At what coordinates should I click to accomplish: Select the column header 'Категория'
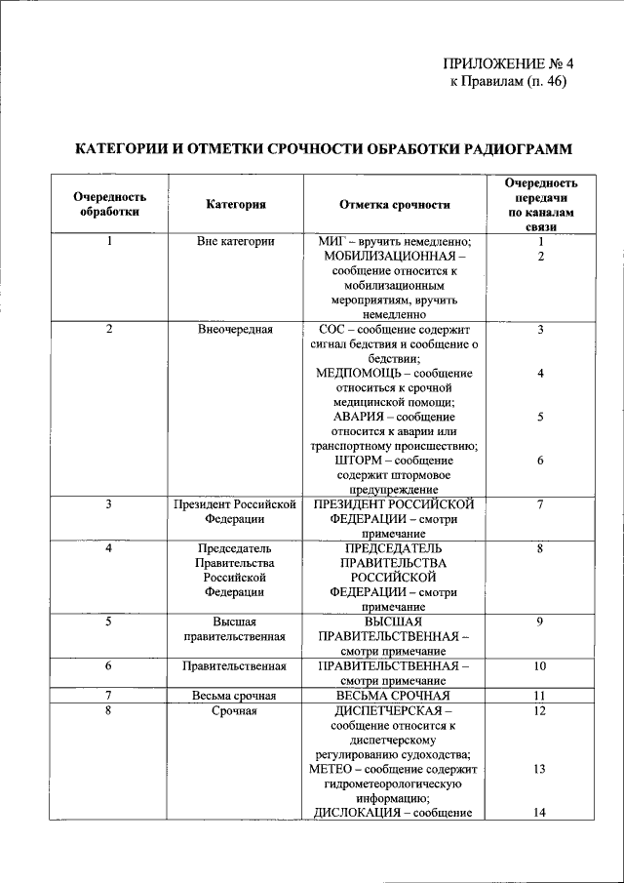point(236,204)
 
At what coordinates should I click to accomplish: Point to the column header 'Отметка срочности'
point(394,204)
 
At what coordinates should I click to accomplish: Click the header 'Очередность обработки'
point(110,204)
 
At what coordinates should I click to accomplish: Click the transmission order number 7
point(539,504)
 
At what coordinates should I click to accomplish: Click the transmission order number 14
point(539,813)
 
